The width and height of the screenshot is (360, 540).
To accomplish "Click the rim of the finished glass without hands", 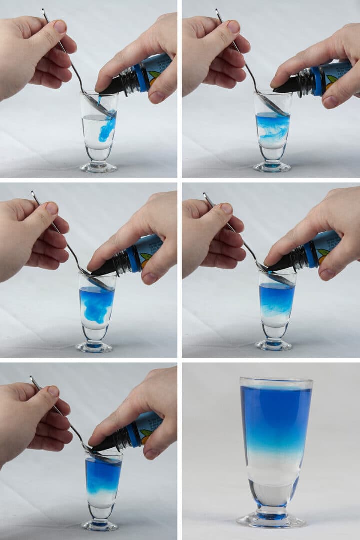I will pos(276,381).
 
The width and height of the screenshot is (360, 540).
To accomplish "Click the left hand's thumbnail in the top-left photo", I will pos(60,26).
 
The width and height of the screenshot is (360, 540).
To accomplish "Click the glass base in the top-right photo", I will pos(272,167).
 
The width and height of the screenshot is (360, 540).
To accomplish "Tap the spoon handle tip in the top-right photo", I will pos(217,10).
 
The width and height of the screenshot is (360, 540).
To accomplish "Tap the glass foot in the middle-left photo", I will pos(94,346).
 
